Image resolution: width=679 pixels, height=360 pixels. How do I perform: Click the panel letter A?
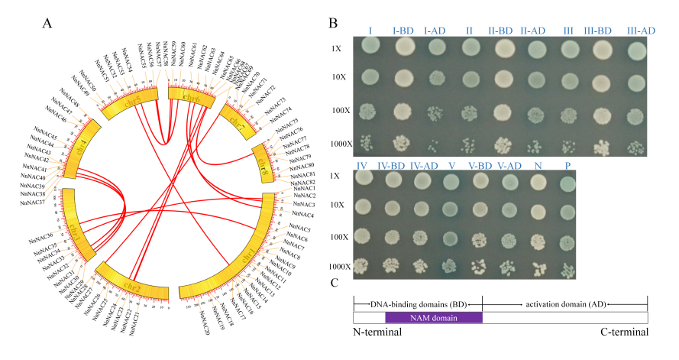coord(47,21)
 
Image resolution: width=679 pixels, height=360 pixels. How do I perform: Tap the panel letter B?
coord(333,22)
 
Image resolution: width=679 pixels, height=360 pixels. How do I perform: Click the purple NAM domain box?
coord(433,317)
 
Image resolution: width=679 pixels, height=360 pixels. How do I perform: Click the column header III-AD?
coord(640,31)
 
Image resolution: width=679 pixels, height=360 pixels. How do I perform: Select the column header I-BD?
coord(403,31)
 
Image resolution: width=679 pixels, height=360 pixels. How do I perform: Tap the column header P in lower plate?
coord(566,167)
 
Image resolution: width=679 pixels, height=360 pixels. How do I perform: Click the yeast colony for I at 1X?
coord(370,48)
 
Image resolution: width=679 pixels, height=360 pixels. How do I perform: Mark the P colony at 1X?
coord(566,183)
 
